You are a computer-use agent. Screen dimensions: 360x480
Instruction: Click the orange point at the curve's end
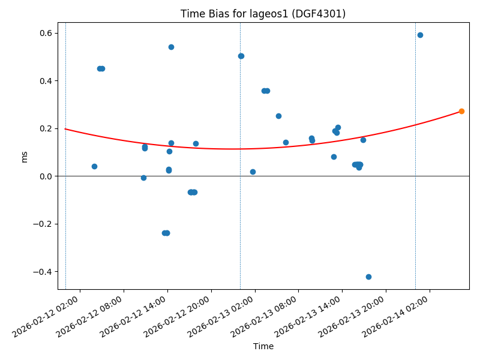point(461,111)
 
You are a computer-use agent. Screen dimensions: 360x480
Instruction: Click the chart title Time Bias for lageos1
point(263,14)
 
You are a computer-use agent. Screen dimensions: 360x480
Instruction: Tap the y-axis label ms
point(25,156)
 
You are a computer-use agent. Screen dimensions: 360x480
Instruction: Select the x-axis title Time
point(263,346)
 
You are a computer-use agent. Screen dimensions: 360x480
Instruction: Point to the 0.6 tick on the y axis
point(45,33)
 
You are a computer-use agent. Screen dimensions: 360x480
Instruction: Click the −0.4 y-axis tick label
point(42,272)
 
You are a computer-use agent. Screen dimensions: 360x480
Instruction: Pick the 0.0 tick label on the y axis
point(45,176)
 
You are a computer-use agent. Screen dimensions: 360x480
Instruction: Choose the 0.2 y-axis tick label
point(45,128)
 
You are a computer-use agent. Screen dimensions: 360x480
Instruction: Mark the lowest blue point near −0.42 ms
point(368,277)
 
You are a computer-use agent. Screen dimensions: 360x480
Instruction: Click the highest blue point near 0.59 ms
point(420,35)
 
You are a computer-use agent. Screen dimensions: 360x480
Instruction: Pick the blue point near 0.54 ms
point(171,47)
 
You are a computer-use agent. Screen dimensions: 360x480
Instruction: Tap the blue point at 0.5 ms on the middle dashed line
point(241,56)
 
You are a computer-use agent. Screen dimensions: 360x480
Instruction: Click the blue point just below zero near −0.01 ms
point(143,178)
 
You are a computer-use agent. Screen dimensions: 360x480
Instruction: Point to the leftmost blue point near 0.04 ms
point(94,166)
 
